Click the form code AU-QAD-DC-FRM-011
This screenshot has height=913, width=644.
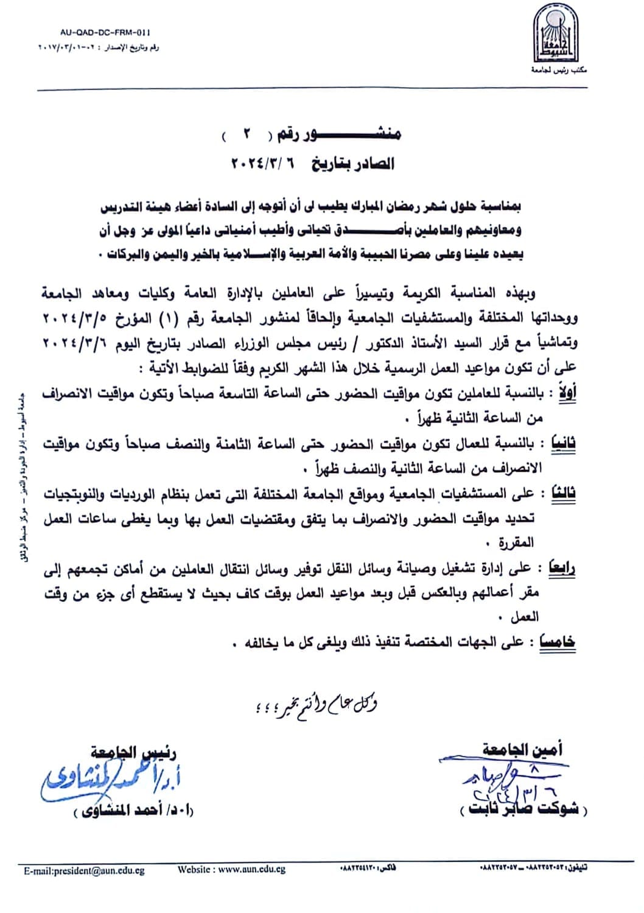pos(105,32)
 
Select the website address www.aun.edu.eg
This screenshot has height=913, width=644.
pos(231,870)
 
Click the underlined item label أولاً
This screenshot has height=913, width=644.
pos(563,393)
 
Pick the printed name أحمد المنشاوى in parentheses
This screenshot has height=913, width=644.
pos(132,811)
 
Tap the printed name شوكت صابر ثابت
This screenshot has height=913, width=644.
pos(524,811)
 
